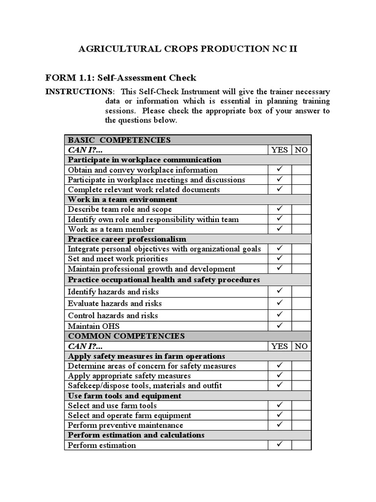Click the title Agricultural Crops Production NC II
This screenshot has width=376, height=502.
(x=188, y=49)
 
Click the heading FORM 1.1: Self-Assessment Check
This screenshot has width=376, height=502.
(x=120, y=77)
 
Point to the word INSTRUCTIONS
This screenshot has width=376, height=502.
(x=78, y=92)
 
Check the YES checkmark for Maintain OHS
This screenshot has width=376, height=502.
(x=280, y=325)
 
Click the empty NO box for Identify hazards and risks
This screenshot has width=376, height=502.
(x=301, y=291)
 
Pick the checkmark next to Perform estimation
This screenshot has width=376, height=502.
(x=280, y=445)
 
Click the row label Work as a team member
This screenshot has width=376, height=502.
(x=111, y=229)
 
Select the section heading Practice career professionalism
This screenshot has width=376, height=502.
(x=127, y=239)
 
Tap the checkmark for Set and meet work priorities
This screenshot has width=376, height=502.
(x=280, y=258)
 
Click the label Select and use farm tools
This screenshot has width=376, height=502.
(x=112, y=405)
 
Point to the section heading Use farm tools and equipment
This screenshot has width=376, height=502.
(x=124, y=396)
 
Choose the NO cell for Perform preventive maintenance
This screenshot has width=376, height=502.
(x=301, y=425)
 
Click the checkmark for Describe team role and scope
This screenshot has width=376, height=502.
(x=280, y=209)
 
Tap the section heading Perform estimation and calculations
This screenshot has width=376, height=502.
(x=136, y=435)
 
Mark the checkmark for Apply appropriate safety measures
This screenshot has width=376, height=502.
(x=280, y=376)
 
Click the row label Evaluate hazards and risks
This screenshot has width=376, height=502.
(x=115, y=303)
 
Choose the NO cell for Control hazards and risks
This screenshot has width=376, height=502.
(x=301, y=315)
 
